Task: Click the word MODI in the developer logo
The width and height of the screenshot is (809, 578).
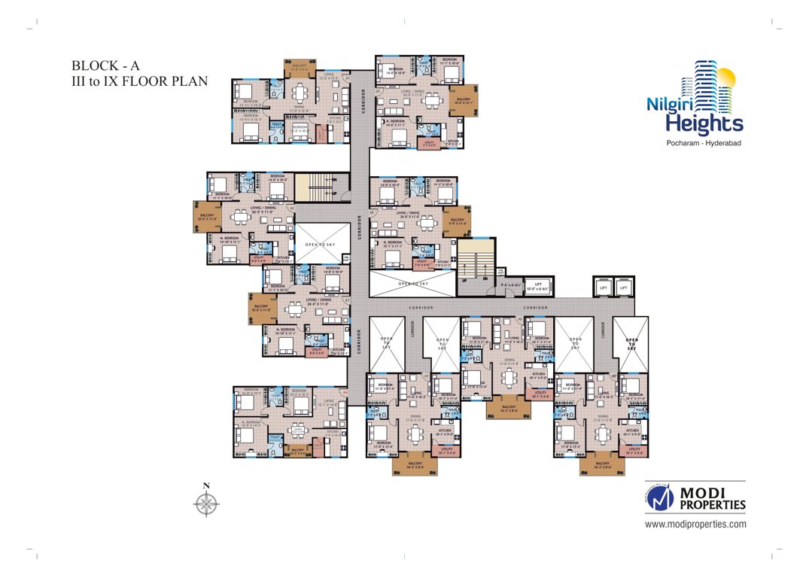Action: (706, 492)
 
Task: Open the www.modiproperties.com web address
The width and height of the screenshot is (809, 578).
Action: (695, 524)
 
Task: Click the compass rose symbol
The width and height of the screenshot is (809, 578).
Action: (207, 503)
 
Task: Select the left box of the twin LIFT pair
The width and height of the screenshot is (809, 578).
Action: (603, 287)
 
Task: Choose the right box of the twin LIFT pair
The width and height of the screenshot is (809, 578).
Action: (623, 287)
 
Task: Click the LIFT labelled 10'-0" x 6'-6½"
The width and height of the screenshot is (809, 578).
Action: (537, 287)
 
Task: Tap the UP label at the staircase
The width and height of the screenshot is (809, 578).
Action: (464, 279)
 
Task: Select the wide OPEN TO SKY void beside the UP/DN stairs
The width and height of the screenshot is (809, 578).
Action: (412, 284)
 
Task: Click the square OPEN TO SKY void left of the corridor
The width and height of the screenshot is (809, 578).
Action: (322, 244)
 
